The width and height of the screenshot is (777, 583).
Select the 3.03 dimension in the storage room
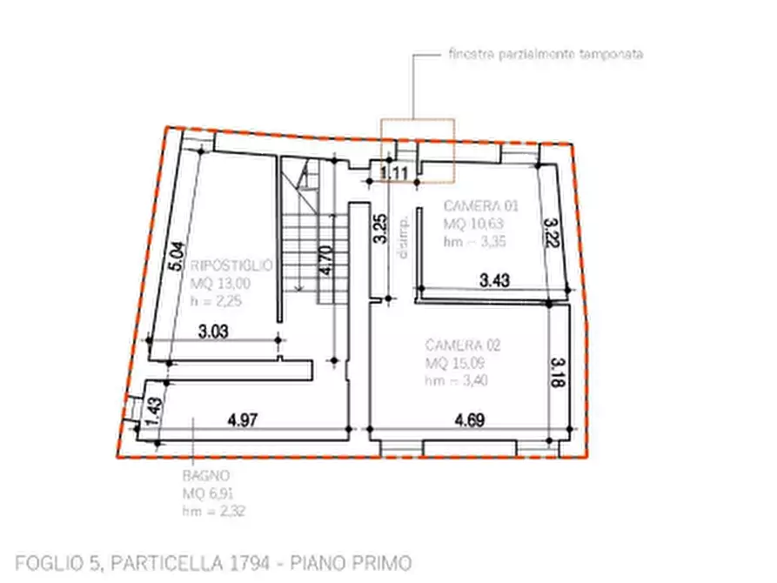point(213,331)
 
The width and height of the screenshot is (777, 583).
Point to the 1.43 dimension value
point(154,410)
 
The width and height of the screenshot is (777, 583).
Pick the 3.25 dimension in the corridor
point(380,227)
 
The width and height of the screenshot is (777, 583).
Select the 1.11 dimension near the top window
point(395,173)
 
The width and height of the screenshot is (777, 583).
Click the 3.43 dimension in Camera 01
point(495,280)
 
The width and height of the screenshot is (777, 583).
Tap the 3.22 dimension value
point(550,233)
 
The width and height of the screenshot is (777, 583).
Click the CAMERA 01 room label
point(480,206)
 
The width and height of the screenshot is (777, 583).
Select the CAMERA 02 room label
point(462,345)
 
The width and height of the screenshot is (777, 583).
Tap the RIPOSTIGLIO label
point(232,265)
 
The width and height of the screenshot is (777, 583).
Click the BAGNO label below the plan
point(206,476)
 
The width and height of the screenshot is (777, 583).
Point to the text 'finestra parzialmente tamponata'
point(546,54)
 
